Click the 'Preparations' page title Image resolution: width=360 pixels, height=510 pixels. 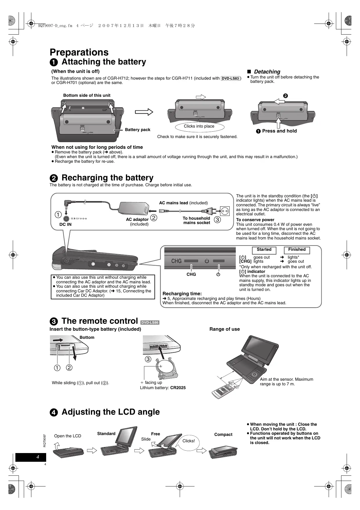pos(79,52)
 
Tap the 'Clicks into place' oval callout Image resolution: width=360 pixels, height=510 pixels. pos(199,126)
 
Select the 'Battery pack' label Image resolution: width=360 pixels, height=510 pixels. pos(137,130)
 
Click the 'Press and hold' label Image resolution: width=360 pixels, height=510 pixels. pos(279,131)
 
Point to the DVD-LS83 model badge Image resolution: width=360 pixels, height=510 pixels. pos(231,78)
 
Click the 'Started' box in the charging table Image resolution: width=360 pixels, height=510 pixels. pos(264,250)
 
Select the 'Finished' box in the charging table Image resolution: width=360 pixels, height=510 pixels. pos(297,250)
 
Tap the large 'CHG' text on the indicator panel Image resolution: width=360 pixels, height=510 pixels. pos(176,261)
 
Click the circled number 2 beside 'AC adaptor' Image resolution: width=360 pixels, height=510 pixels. pos(154,218)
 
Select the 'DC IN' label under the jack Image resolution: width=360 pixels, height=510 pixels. pos(65,224)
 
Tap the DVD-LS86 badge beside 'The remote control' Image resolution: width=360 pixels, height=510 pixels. pos(150,322)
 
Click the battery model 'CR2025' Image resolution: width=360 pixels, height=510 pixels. pos(178,388)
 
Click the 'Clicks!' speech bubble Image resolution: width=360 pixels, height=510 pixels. pos(189,441)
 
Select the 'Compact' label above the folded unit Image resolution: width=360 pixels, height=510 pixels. pos(223,434)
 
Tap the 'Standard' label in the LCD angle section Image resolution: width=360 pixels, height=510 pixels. pos(106,434)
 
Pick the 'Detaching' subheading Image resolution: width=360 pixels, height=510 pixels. pos(267,72)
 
